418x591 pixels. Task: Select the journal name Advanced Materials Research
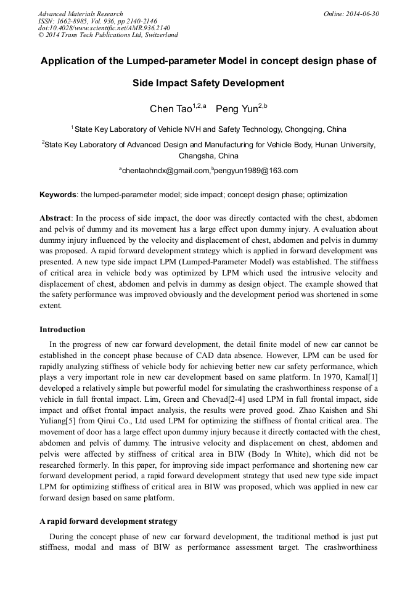pos(80,14)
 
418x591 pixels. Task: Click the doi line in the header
pos(104,28)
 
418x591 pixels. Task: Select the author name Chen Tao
pos(170,110)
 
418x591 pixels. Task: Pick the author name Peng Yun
pos(236,110)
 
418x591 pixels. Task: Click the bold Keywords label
pos(58,195)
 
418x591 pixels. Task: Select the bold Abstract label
pos(55,218)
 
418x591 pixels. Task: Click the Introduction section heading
pos(62,330)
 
